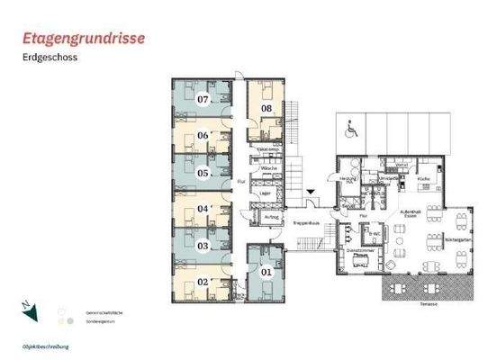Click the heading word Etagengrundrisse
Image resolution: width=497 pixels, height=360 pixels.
click(x=85, y=39)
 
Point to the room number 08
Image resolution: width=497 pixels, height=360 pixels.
click(x=267, y=109)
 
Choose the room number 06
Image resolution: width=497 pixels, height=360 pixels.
click(x=203, y=136)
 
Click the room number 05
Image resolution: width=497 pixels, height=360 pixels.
click(x=203, y=173)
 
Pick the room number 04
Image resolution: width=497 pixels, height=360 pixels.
click(x=203, y=209)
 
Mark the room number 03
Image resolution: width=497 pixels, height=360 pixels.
click(x=203, y=245)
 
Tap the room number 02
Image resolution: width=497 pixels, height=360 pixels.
click(x=203, y=282)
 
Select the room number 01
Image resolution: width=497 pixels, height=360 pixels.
click(x=266, y=271)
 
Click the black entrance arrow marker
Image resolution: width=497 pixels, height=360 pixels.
click(x=312, y=192)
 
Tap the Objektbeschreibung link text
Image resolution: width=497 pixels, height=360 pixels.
click(x=46, y=346)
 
